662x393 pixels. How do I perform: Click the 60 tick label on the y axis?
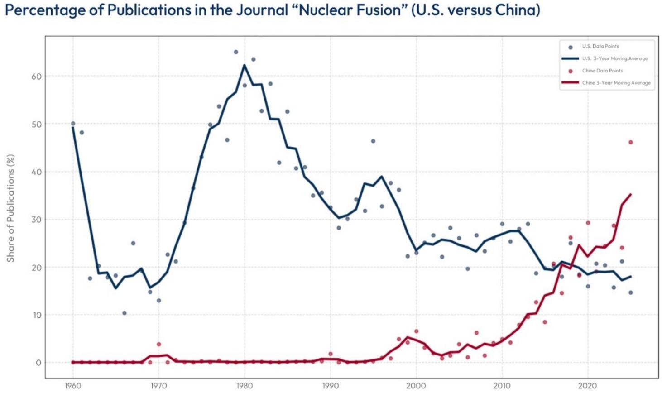point(36,77)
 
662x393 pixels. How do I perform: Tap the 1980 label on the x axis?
point(245,386)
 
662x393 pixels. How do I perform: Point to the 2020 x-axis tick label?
point(588,386)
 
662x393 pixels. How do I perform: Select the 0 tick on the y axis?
point(38,363)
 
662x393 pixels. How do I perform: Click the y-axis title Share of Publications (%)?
point(10,208)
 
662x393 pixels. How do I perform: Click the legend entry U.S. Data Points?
point(600,46)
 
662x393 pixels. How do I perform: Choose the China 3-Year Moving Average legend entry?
point(616,83)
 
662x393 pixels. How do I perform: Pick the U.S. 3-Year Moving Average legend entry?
point(614,58)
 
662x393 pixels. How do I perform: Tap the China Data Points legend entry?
point(602,71)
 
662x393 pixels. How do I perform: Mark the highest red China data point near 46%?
point(630,142)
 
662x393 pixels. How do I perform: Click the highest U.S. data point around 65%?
point(236,52)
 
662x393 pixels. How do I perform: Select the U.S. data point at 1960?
point(73,123)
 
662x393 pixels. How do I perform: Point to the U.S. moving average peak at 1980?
point(245,65)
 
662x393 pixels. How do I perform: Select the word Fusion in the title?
point(379,10)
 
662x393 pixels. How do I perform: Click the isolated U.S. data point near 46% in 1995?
point(373,141)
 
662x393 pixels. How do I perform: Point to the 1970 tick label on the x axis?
point(158,386)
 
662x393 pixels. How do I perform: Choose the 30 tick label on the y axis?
point(36,220)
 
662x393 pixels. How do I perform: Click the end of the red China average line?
point(630,195)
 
